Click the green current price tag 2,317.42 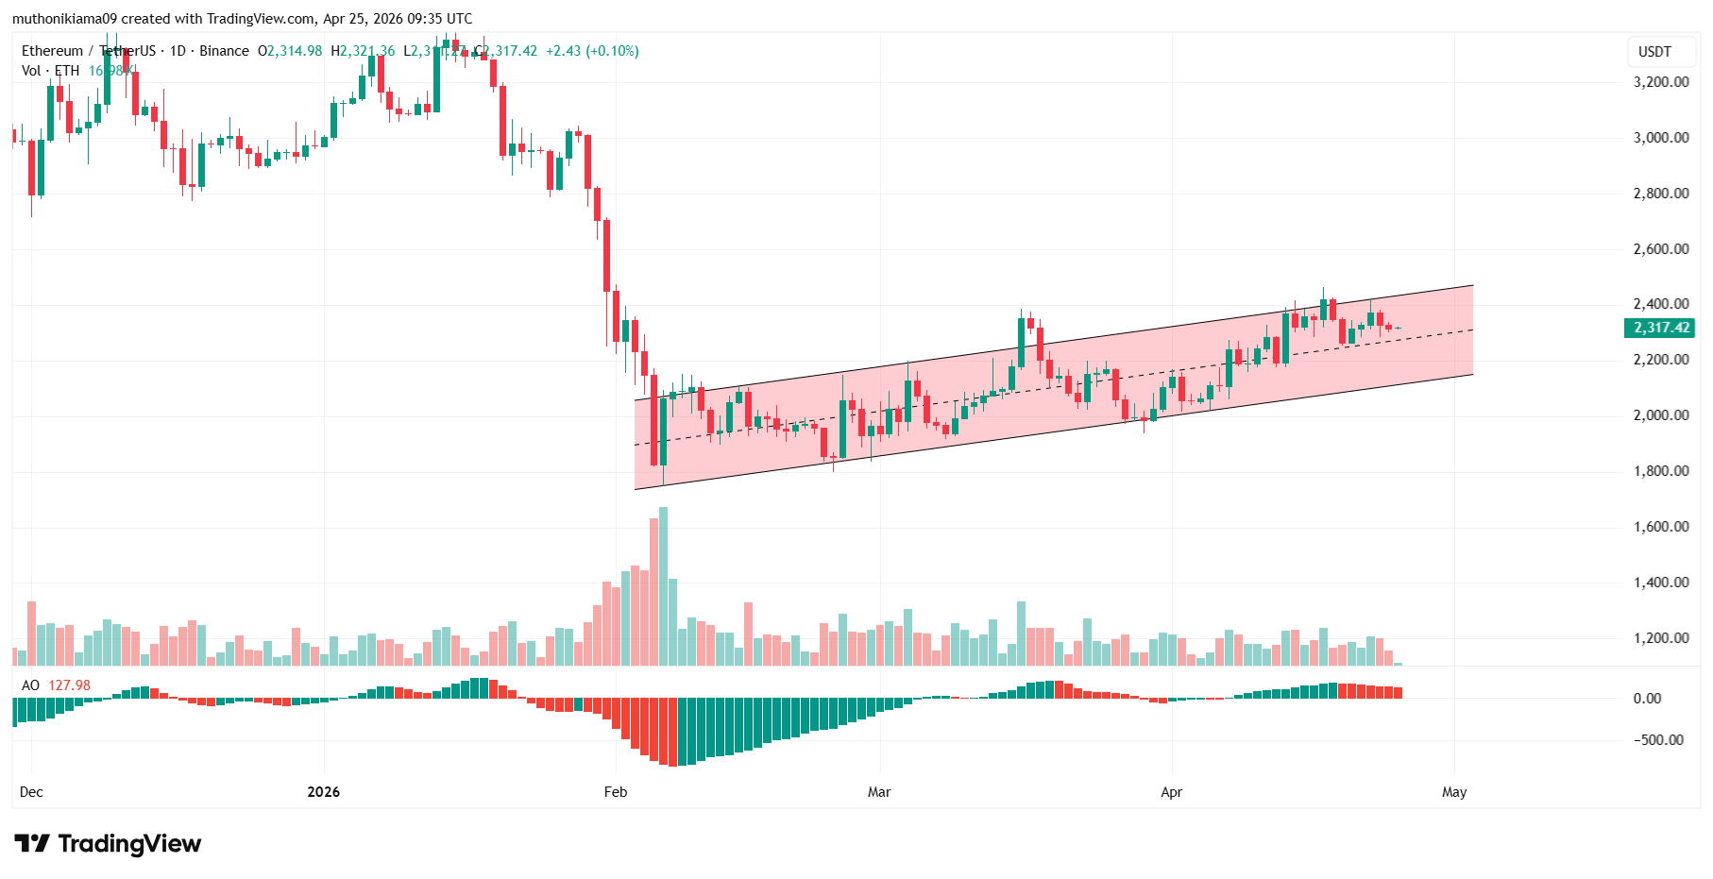[x=1660, y=328]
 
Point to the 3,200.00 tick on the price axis [x=1660, y=82]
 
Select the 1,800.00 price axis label [x=1660, y=471]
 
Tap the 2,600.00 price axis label [x=1660, y=249]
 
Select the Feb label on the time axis [x=616, y=792]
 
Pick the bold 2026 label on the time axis [x=323, y=792]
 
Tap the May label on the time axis [x=1454, y=792]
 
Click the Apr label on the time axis [x=1171, y=792]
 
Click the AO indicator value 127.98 [x=70, y=685]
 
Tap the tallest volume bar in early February [x=663, y=585]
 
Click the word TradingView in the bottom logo [x=129, y=843]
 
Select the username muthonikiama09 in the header [x=63, y=19]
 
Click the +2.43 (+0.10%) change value [x=592, y=51]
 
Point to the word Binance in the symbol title [x=224, y=51]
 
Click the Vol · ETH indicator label [x=51, y=71]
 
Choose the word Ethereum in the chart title [x=52, y=51]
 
